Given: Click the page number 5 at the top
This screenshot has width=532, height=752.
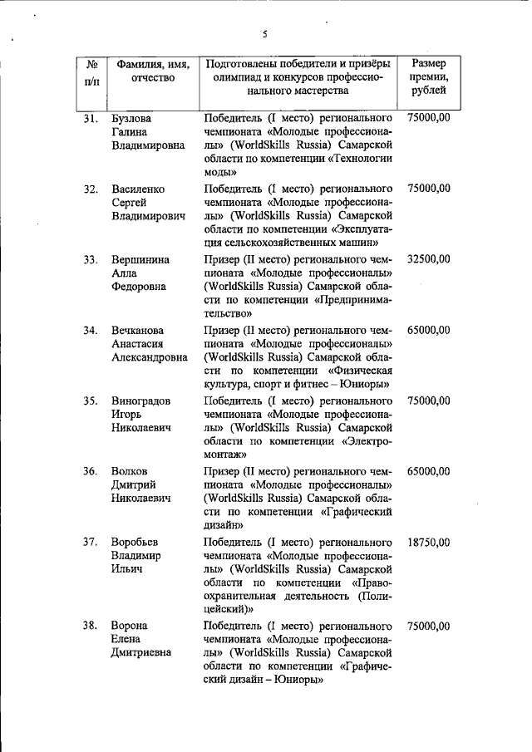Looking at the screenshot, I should click(x=265, y=34).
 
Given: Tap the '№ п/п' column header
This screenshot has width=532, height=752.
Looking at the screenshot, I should click(x=92, y=71).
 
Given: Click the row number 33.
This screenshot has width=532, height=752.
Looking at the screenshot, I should click(x=92, y=260).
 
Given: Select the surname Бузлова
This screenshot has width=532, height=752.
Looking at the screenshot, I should click(x=132, y=119).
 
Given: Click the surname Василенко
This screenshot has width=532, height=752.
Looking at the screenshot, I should click(x=138, y=189).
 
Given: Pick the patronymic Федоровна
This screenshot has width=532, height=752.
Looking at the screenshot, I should click(x=138, y=287).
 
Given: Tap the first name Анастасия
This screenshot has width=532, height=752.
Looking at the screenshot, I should click(x=138, y=344).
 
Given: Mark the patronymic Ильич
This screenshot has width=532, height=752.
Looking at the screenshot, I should click(x=126, y=569).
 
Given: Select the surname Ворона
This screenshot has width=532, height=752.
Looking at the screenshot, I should click(x=131, y=626).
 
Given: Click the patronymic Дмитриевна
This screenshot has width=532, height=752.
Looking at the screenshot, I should click(x=141, y=652).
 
